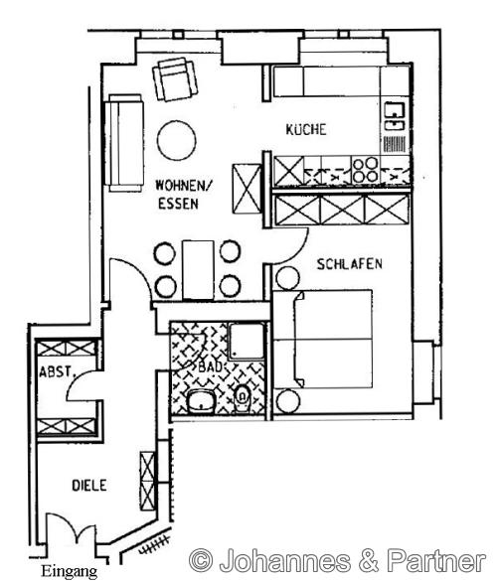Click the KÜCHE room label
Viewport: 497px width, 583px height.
pyautogui.click(x=306, y=129)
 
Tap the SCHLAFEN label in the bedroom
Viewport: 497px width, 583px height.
pyautogui.click(x=349, y=264)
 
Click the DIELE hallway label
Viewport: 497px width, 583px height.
pyautogui.click(x=89, y=486)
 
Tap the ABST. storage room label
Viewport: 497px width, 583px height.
pyautogui.click(x=56, y=371)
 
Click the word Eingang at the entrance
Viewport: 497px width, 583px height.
pyautogui.click(x=70, y=572)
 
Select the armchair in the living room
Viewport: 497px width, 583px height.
pyautogui.click(x=175, y=78)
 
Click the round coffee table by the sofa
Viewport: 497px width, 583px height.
pyautogui.click(x=177, y=140)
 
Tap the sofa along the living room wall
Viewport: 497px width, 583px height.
pyautogui.click(x=124, y=143)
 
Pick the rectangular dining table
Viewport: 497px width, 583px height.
pyautogui.click(x=198, y=270)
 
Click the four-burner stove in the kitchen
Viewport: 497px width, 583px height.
pyautogui.click(x=366, y=170)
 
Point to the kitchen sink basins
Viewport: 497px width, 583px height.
pyautogui.click(x=395, y=116)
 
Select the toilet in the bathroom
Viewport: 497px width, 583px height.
pyautogui.click(x=243, y=399)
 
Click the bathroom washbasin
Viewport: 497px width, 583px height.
pyautogui.click(x=201, y=402)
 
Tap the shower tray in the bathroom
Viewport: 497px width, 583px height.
pyautogui.click(x=247, y=342)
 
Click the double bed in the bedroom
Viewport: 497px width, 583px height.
pyautogui.click(x=323, y=339)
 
